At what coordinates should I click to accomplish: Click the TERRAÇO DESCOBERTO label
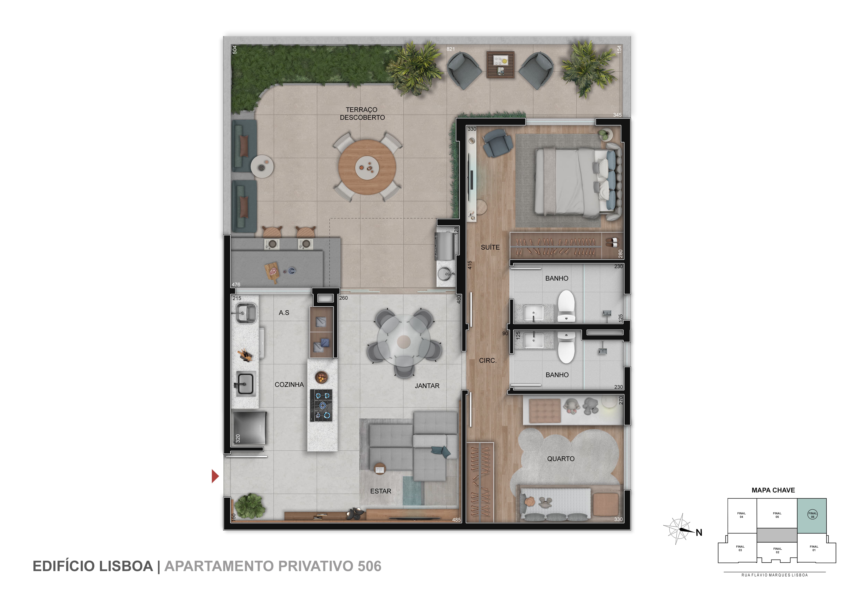(x=362, y=114)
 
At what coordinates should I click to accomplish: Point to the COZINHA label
(x=289, y=384)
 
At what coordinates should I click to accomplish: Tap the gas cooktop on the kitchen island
(x=321, y=405)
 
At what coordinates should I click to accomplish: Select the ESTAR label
(x=381, y=491)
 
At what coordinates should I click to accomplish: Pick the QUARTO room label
(x=561, y=459)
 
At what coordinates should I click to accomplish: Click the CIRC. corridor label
(x=488, y=361)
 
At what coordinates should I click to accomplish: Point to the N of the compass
(x=699, y=533)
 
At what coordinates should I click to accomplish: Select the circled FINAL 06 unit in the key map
(x=813, y=515)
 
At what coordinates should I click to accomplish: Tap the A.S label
(x=284, y=313)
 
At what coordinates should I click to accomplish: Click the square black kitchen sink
(x=245, y=384)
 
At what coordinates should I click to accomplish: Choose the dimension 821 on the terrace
(x=451, y=49)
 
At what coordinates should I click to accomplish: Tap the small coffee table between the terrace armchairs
(x=500, y=65)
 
